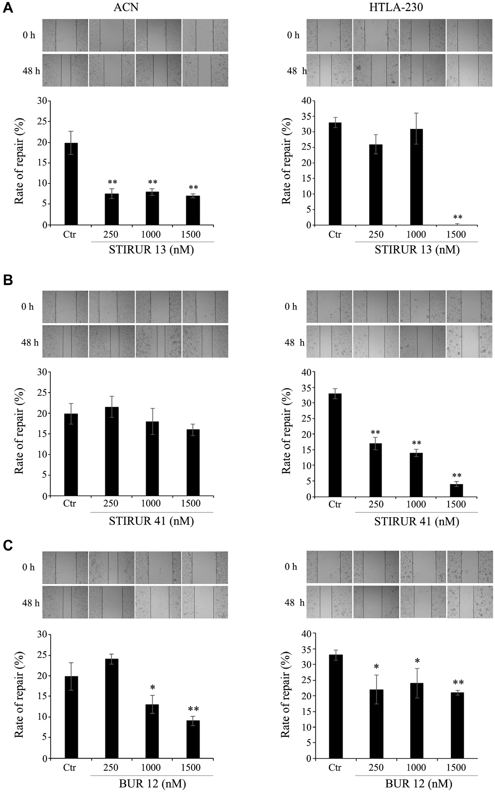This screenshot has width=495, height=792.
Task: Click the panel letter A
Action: [7, 8]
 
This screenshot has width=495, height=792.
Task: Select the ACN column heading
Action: [126, 7]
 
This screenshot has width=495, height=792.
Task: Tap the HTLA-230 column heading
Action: [396, 7]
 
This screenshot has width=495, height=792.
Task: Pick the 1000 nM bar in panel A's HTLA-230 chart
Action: [416, 177]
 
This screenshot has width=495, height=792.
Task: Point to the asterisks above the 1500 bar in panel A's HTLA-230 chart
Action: [458, 217]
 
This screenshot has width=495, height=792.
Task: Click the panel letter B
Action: [8, 280]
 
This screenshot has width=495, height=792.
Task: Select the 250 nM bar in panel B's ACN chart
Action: [112, 451]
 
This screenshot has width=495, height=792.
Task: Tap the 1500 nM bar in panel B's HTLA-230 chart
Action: [457, 490]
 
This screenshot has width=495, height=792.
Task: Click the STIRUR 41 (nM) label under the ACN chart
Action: [151, 521]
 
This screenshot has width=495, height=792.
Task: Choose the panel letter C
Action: [8, 545]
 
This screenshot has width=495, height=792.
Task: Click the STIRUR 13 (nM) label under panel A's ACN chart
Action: [151, 250]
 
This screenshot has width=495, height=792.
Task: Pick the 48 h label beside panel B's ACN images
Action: [30, 342]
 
